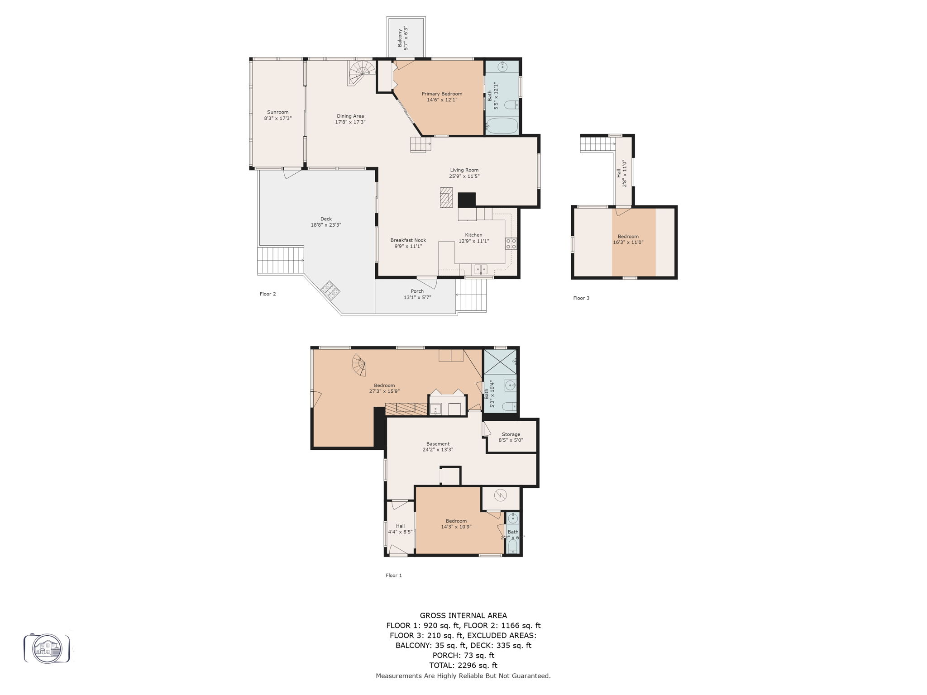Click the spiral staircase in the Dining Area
362,73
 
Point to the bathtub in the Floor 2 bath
502,126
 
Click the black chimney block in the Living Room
467,200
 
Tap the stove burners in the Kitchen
511,243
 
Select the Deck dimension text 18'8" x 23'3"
326,225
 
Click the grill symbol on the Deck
330,290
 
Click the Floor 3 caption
581,298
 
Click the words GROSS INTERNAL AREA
463,615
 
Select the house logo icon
47,649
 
